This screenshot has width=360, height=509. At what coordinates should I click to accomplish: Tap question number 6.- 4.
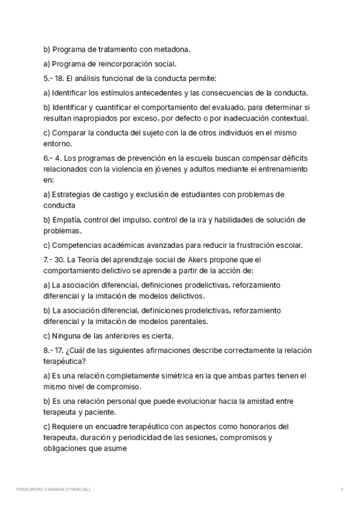point(52,158)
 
